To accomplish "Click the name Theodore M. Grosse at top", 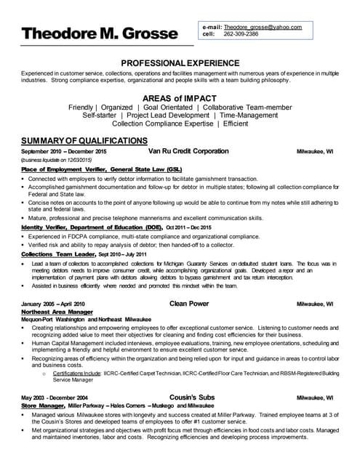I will (99, 33).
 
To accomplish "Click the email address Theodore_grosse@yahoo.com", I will (258, 26).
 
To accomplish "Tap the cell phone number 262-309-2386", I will (241, 33).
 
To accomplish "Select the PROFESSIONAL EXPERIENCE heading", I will (180, 63).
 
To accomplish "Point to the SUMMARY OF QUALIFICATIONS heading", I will (84, 140).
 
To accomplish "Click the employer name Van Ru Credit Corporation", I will (188, 151).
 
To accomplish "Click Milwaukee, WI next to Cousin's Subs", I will (315, 398).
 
